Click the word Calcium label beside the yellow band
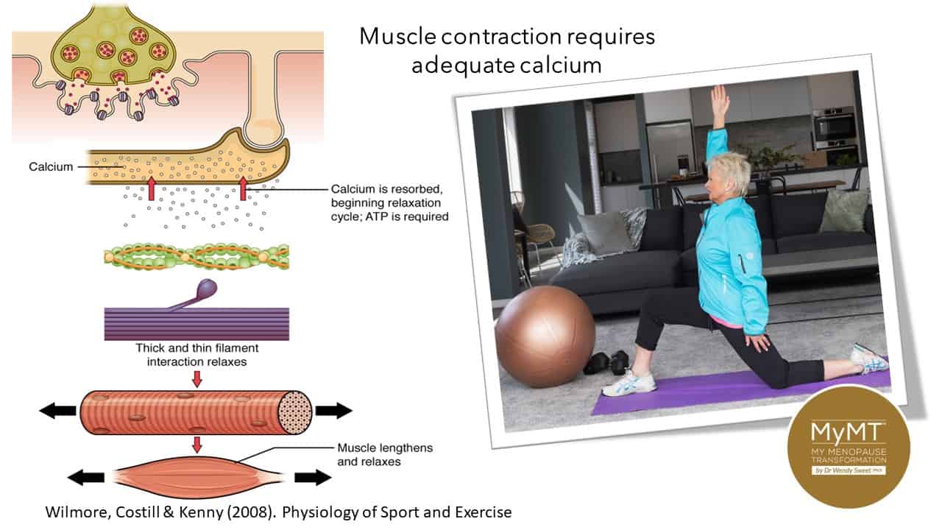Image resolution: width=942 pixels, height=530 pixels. click(51, 166)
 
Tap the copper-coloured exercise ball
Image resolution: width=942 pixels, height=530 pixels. click(545, 336)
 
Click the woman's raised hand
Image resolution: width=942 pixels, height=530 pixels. click(720, 101)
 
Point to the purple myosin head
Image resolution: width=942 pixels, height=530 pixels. click(207, 289)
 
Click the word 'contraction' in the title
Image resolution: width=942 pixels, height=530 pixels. click(501, 37)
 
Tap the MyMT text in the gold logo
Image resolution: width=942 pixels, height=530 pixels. click(848, 431)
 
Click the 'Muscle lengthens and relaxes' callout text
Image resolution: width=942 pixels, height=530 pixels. click(385, 455)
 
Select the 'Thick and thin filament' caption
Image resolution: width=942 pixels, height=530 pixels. click(196, 348)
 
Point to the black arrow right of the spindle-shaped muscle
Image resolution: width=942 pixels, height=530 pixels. click(313, 478)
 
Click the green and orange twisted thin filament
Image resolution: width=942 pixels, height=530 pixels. click(196, 257)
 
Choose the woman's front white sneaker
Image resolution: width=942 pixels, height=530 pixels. click(629, 384)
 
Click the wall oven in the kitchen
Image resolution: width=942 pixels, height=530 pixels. click(835, 128)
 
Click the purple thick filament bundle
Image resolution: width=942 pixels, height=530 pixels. click(196, 324)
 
